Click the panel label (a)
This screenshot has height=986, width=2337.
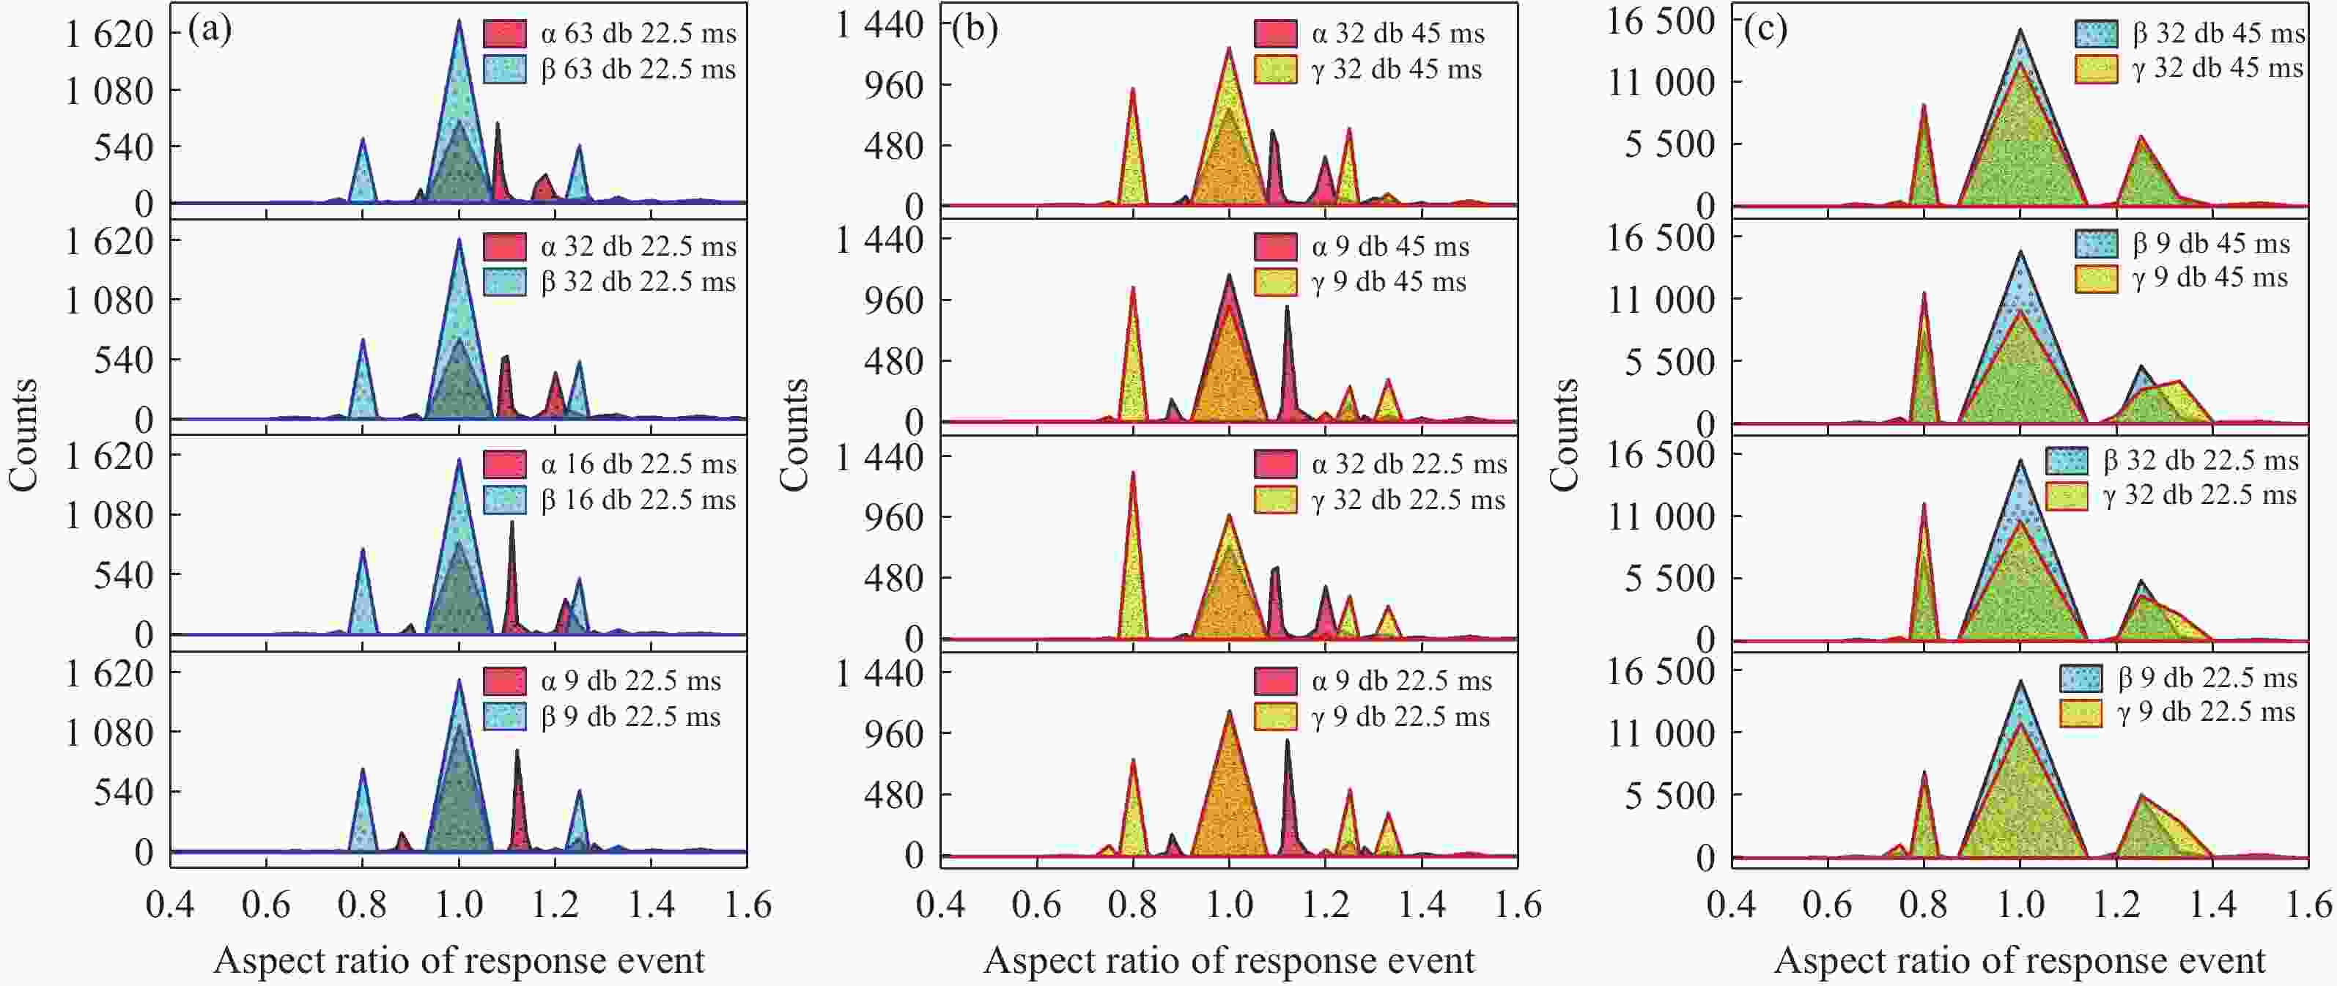(x=210, y=30)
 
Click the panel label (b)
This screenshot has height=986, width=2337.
(x=975, y=29)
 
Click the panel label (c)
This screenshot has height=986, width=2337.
(x=1765, y=29)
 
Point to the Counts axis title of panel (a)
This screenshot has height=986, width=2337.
(x=23, y=435)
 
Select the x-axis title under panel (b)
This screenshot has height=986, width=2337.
(x=1229, y=960)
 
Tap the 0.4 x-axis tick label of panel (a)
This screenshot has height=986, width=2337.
(x=171, y=905)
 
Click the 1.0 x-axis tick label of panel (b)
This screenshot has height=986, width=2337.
(x=1229, y=905)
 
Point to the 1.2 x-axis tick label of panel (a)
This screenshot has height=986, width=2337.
(x=555, y=905)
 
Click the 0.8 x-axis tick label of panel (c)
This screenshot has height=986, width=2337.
(x=1923, y=905)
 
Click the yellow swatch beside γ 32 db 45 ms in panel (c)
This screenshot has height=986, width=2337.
(x=2096, y=69)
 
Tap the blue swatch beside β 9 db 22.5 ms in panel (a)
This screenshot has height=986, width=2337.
(x=504, y=716)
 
